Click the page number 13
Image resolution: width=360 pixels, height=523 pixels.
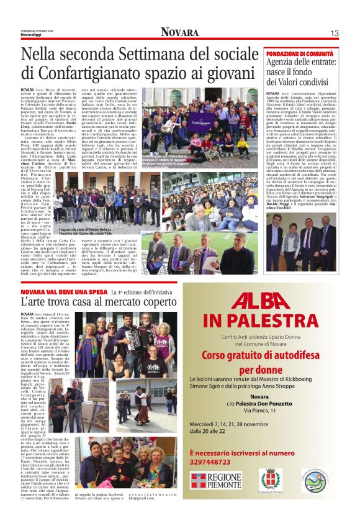334,32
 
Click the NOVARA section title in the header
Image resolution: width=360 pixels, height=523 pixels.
179,32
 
